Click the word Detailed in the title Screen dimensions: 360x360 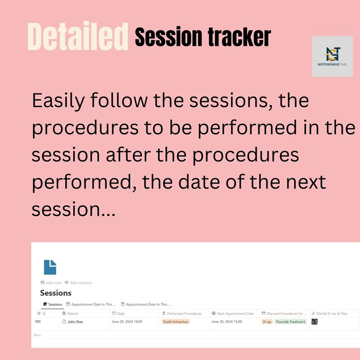78,36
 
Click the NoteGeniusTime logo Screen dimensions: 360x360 332,56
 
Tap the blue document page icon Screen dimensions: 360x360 50,267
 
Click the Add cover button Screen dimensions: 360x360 51,283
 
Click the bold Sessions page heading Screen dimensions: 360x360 56,293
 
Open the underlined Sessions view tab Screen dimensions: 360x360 53,304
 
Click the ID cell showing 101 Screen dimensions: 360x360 38,322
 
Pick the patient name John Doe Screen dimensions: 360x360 75,322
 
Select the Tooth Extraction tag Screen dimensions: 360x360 175,322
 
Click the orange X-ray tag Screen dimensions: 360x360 267,322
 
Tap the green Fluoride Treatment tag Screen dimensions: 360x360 291,322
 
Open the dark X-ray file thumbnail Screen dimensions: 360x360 315,321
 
